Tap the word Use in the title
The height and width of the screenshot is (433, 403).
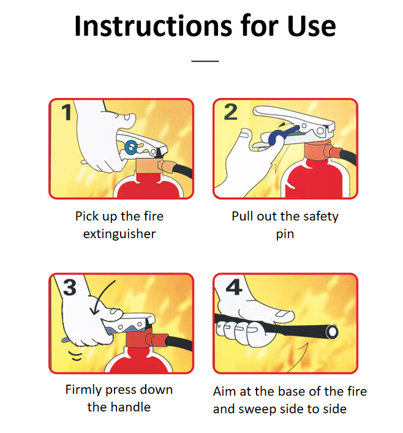point(311,26)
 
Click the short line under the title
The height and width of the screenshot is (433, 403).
point(205,61)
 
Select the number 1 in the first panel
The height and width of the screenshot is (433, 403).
point(67,113)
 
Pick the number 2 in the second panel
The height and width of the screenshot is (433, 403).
point(231,112)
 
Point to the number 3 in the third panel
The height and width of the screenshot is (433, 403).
point(70,287)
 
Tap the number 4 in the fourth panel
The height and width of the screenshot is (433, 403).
point(234,287)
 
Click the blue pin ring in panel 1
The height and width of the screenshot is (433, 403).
point(131,147)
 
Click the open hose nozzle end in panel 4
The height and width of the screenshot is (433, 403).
point(332,332)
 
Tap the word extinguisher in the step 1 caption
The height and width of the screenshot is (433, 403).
point(119,234)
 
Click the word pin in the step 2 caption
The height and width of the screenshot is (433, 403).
point(285,235)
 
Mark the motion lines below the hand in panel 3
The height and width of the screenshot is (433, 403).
point(76,356)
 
